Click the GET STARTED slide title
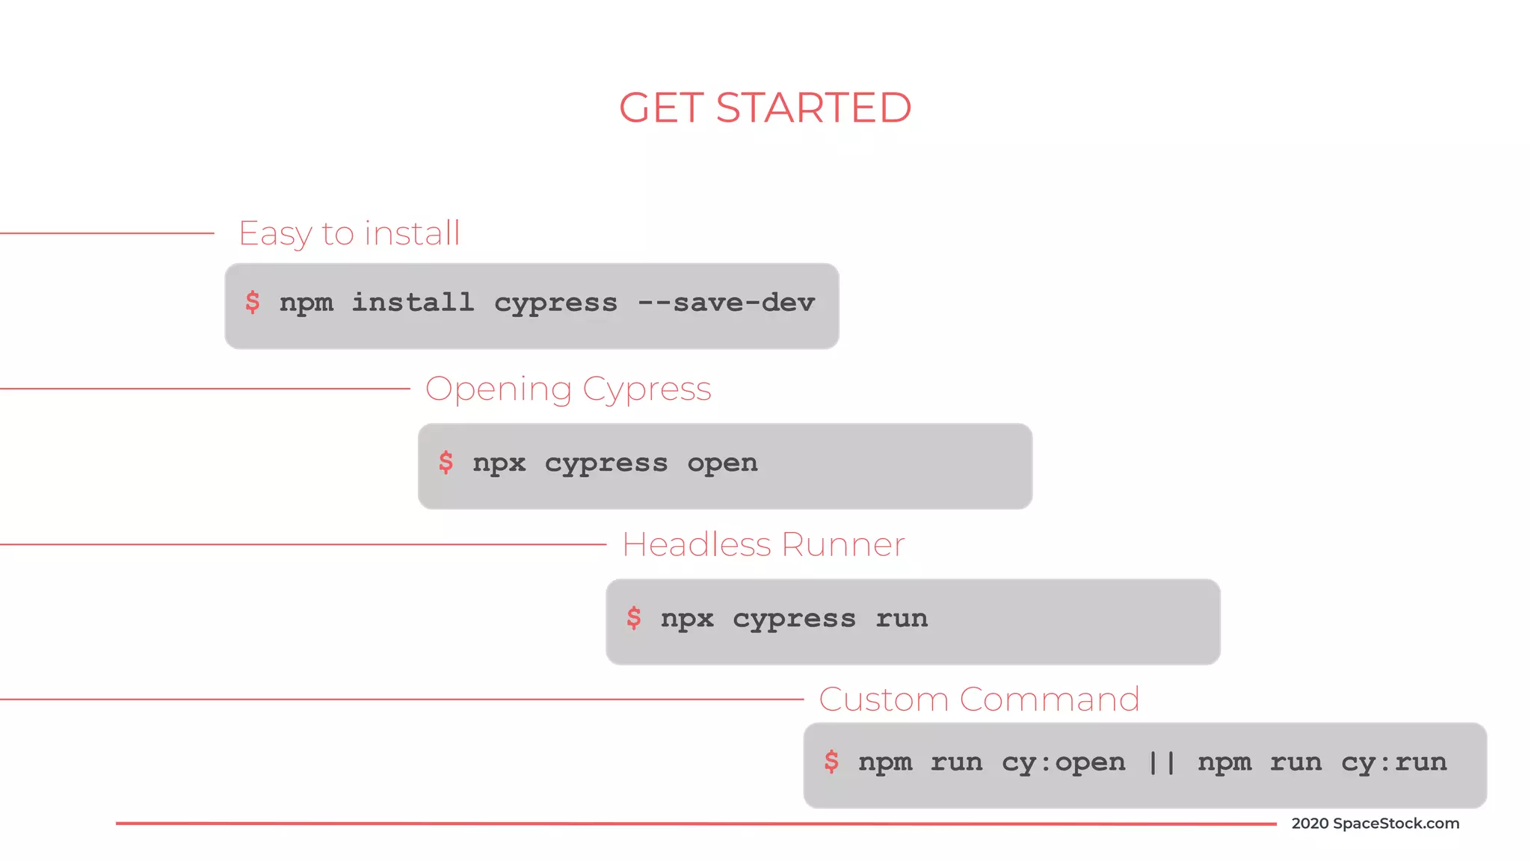[x=765, y=108]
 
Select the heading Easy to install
[x=349, y=233]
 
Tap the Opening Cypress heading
[x=568, y=389]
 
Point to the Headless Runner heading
[x=763, y=545]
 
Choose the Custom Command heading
[x=979, y=700]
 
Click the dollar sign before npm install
[x=253, y=302]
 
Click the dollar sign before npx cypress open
[x=446, y=463]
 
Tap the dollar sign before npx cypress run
[x=634, y=618]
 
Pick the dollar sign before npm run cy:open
[x=831, y=762]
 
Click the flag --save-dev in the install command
[x=726, y=303]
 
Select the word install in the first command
[x=413, y=303]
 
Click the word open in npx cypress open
[x=722, y=463]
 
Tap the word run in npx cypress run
[x=902, y=619]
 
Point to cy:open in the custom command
[x=1063, y=762]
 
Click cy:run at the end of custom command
[x=1393, y=762]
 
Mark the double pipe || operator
[x=1162, y=762]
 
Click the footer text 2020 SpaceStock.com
[x=1375, y=824]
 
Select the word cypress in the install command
[x=555, y=303]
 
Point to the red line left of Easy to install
[x=107, y=233]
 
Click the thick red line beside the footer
[x=695, y=824]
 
